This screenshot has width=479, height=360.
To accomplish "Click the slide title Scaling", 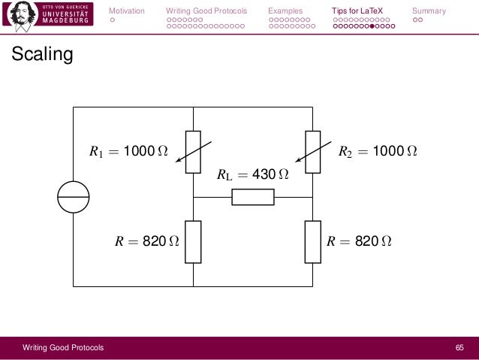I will tap(41, 56).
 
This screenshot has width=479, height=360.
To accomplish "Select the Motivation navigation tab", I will tap(128, 11).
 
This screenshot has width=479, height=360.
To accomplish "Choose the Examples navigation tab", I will tap(285, 11).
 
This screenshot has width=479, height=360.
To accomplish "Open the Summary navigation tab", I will tap(429, 11).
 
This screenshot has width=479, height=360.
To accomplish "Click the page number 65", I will tap(460, 347).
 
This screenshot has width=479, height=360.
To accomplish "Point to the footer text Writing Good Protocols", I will tap(63, 347).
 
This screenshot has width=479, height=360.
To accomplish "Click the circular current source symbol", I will tap(73, 197).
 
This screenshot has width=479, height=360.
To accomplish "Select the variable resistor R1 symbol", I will tap(193, 152).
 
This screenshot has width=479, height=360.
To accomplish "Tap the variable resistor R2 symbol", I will tap(312, 152).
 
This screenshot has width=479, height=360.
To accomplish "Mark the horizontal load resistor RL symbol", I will tap(253, 197).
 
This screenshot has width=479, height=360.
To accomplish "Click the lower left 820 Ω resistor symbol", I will tap(193, 241).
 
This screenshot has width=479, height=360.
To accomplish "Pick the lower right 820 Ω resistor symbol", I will tap(312, 241).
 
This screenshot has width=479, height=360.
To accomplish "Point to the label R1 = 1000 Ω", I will tap(128, 152).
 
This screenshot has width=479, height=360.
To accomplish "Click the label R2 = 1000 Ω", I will tap(378, 152).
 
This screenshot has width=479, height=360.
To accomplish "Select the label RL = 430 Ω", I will tap(252, 175).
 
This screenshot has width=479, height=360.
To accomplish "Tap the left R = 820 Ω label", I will tap(146, 242).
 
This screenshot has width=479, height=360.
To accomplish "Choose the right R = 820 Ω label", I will tap(359, 242).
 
